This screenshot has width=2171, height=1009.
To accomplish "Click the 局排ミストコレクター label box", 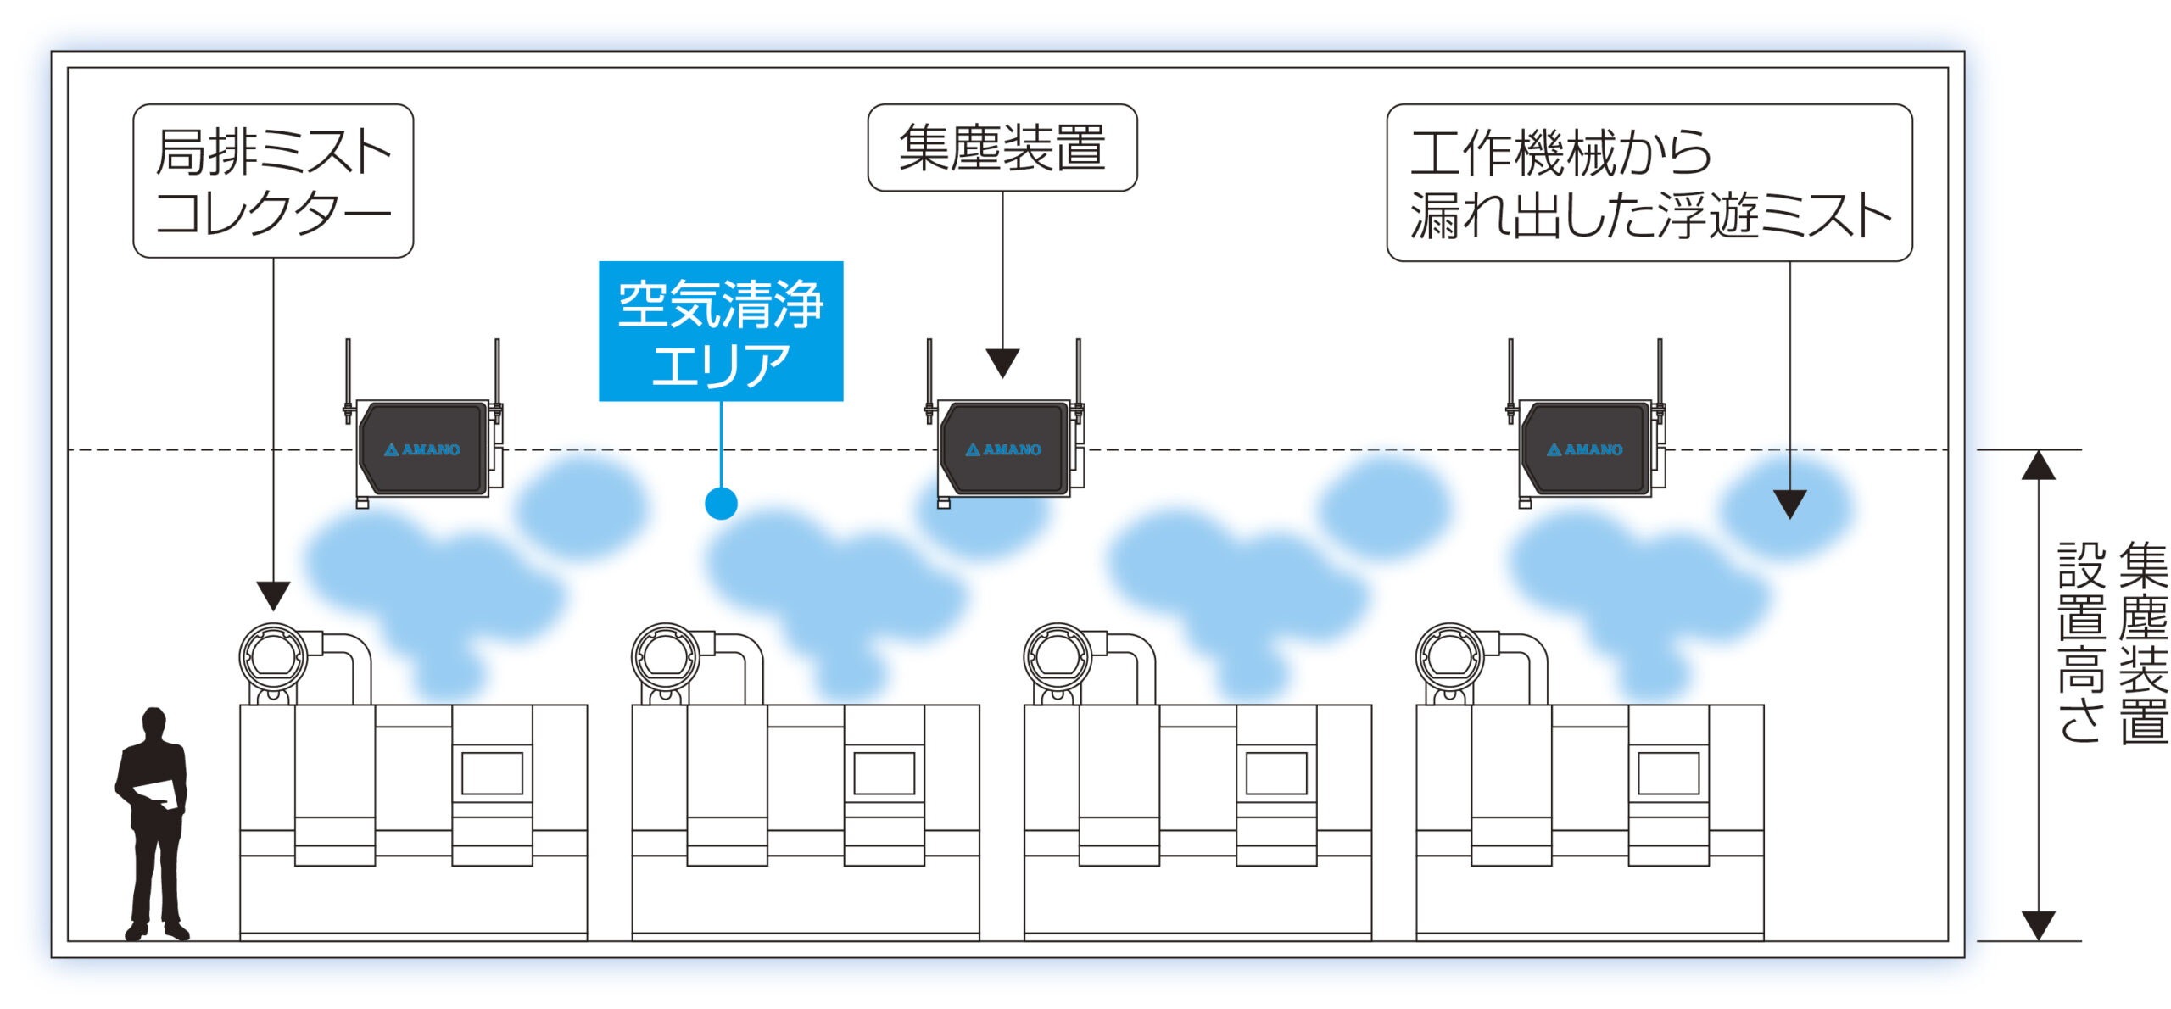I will click(x=273, y=181).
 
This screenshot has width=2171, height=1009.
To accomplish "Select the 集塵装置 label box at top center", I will click(x=1002, y=148).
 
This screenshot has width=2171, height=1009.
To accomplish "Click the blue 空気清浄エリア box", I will click(x=720, y=331).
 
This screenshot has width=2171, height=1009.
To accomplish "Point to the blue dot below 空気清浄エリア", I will click(x=721, y=504).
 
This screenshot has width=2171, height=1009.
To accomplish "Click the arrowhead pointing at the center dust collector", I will click(x=1002, y=363).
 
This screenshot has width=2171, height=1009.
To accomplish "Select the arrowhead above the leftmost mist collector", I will click(x=273, y=594).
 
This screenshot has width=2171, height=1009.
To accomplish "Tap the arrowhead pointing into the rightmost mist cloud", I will click(x=1789, y=504).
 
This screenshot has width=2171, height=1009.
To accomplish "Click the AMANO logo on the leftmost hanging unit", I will click(x=422, y=449).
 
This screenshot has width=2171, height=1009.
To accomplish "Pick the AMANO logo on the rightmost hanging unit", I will click(x=1584, y=449).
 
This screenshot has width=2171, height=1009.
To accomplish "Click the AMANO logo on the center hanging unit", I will click(x=1003, y=449).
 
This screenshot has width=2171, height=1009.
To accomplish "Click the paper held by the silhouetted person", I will click(x=158, y=794).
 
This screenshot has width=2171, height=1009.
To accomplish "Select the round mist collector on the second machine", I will click(x=665, y=656).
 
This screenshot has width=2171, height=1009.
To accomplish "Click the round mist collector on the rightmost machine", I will click(x=1449, y=656).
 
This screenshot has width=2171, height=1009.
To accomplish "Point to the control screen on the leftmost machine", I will click(x=492, y=773).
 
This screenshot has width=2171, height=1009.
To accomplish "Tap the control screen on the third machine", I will click(x=1275, y=773).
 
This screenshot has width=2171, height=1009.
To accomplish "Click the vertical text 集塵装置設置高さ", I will click(x=2112, y=643).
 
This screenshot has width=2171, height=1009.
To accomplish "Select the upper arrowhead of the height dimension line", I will click(x=2038, y=465).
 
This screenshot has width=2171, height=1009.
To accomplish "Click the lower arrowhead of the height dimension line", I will click(x=2038, y=924).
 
